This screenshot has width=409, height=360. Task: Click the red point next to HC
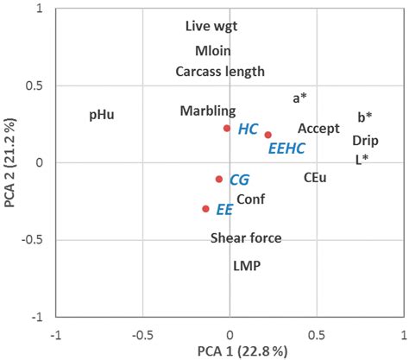click(x=227, y=128)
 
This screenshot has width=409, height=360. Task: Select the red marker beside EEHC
click(x=268, y=135)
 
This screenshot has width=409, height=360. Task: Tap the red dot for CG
click(x=219, y=179)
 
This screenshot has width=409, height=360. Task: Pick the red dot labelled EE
click(x=205, y=209)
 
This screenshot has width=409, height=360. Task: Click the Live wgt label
click(x=211, y=27)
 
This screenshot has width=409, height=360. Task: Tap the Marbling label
click(x=207, y=111)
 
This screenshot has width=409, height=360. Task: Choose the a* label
click(x=300, y=98)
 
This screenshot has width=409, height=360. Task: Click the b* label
click(x=365, y=117)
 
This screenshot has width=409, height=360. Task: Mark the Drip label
click(x=365, y=140)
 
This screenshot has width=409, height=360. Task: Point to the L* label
click(x=362, y=160)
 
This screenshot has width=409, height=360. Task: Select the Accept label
click(x=318, y=129)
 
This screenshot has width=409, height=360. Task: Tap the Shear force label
click(x=246, y=238)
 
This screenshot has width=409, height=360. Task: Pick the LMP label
click(x=246, y=267)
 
